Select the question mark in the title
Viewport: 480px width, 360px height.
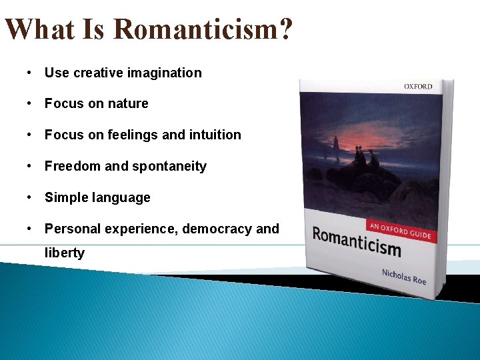pyautogui.click(x=285, y=30)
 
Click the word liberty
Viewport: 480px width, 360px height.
pyautogui.click(x=65, y=253)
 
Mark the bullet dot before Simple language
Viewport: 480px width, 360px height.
pyautogui.click(x=30, y=197)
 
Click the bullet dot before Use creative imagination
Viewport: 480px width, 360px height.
pyautogui.click(x=30, y=73)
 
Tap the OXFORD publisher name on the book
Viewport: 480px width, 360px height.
pyautogui.click(x=417, y=87)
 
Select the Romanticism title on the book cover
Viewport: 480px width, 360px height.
pyautogui.click(x=357, y=241)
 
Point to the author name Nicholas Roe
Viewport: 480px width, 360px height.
pyautogui.click(x=403, y=276)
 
